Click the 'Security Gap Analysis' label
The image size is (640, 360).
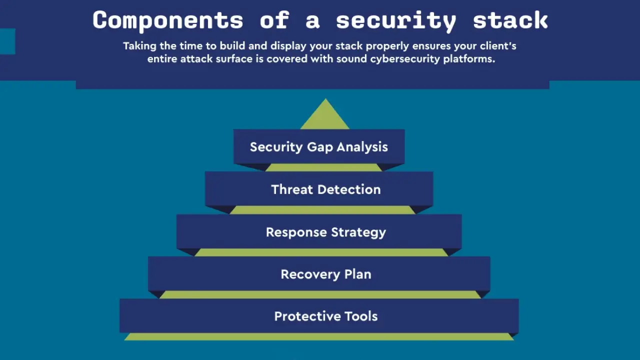319,147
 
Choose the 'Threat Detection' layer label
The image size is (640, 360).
325,189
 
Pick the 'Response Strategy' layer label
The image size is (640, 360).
325,232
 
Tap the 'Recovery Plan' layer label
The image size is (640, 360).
325,274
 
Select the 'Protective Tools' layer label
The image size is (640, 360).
325,316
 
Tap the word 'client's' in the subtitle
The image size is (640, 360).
497,46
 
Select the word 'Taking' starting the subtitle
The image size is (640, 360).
139,46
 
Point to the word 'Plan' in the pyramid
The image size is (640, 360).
357,274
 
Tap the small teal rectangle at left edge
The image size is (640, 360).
7,41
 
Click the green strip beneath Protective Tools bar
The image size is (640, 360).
319,337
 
